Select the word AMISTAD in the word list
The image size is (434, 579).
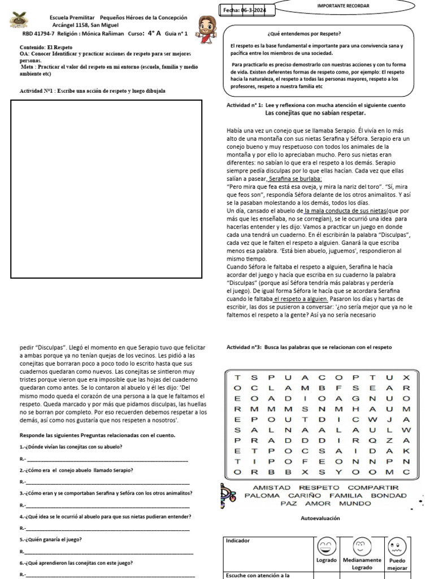coord(271,487)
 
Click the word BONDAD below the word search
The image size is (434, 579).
coord(388,496)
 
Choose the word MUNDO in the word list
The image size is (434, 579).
coord(354,504)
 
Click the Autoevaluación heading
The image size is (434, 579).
coord(320,518)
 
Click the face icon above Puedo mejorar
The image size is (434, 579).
coord(397,547)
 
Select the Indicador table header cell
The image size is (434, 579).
coord(238,541)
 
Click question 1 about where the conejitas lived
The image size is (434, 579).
coord(71,447)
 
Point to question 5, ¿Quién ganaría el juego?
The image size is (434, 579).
coord(51,539)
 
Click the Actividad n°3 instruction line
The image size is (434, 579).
coord(309,347)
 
